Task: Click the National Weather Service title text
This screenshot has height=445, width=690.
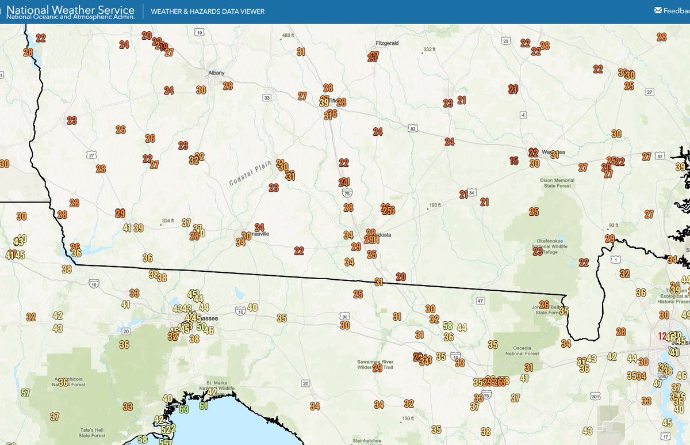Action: point(70,10)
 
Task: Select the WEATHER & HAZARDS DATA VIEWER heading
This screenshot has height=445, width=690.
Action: point(207,12)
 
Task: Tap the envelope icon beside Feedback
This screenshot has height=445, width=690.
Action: point(658,10)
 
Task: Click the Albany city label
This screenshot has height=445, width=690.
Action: point(216,73)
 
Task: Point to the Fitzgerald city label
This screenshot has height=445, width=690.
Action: point(386,43)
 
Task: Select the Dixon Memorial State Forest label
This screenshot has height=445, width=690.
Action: point(557,183)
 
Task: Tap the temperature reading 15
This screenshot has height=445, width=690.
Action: point(514,161)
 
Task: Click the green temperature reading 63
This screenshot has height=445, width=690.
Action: point(183,409)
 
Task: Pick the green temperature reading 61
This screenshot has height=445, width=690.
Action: point(203,405)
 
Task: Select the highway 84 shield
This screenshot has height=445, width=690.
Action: point(472,192)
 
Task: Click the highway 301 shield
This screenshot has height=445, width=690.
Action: point(595,397)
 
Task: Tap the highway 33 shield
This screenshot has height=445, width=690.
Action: point(266,98)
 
